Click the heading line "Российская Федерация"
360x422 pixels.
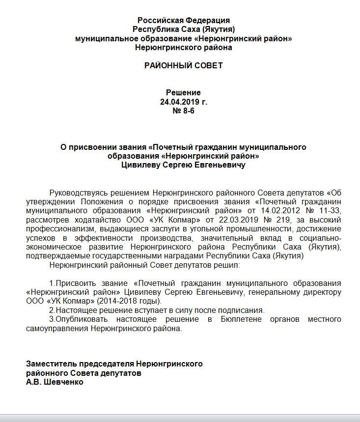click(x=183, y=21)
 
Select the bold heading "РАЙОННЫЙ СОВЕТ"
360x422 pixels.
click(x=183, y=65)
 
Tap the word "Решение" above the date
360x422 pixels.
click(x=183, y=92)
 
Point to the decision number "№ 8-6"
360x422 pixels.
click(x=183, y=112)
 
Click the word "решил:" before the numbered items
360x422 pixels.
click(x=225, y=265)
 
